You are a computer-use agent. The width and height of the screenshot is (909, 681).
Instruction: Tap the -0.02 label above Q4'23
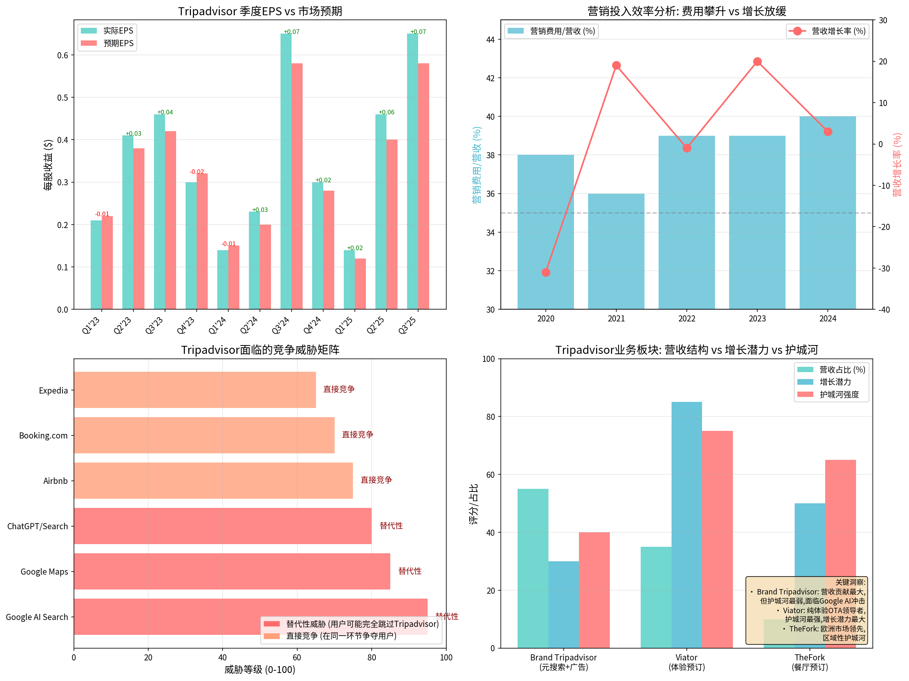[x=197, y=172]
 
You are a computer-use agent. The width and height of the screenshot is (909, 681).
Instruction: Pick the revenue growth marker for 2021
[x=616, y=65]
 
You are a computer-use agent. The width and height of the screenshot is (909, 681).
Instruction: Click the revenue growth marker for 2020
[x=546, y=272]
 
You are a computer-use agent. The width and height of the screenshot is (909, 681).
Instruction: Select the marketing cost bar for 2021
[x=616, y=251]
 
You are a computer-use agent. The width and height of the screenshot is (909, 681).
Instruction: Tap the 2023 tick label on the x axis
[x=757, y=319]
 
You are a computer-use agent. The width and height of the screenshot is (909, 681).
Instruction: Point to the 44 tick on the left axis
[x=490, y=40]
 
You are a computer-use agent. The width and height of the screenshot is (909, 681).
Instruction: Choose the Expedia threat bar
[x=195, y=390]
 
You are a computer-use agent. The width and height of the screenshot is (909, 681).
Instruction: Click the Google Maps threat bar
[x=232, y=571]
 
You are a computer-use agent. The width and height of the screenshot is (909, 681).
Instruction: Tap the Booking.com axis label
[x=43, y=435]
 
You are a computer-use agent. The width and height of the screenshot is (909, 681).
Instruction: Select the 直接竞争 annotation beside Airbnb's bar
[x=376, y=480]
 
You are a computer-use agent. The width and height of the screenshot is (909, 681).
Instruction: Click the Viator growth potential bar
[x=686, y=525]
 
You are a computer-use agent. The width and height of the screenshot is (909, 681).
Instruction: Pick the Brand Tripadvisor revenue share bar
[x=532, y=568]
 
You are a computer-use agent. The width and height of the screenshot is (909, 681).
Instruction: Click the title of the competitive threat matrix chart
[x=260, y=350]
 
